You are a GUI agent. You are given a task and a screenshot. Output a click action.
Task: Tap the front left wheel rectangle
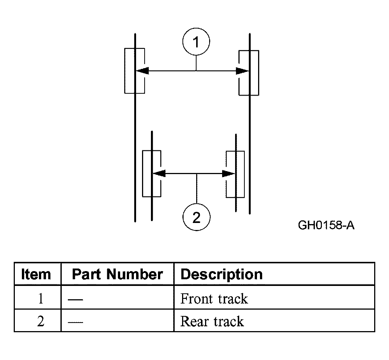tap(134, 71)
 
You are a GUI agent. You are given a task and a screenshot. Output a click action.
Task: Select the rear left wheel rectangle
tap(152, 174)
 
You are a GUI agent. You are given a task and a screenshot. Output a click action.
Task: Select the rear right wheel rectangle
tap(235, 174)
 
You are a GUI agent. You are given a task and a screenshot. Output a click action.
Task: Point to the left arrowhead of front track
tap(142, 71)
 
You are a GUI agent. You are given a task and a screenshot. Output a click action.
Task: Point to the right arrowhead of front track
tap(242, 71)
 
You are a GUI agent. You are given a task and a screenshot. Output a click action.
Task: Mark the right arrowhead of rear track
tap(228, 174)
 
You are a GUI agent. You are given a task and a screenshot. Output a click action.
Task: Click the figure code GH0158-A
tap(326, 225)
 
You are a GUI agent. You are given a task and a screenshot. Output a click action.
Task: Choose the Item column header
tap(36, 274)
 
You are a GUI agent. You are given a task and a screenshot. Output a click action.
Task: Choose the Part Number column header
tap(117, 274)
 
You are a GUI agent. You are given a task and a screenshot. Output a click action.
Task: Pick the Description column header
tap(221, 274)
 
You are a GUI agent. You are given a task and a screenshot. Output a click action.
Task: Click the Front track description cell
tap(214, 299)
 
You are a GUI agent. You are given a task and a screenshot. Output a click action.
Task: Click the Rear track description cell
tap(212, 321)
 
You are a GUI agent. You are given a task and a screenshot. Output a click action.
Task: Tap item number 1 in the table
tap(40, 299)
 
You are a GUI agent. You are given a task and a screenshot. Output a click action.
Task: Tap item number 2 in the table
tap(40, 321)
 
